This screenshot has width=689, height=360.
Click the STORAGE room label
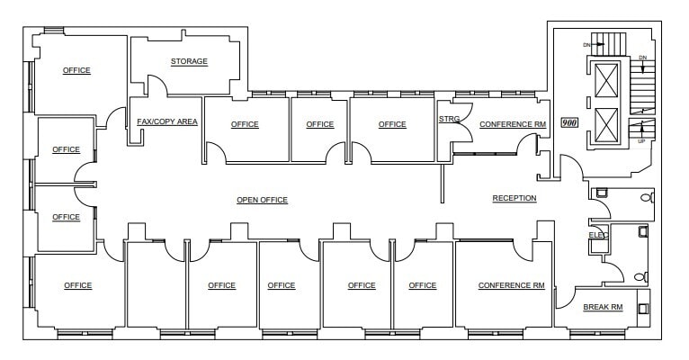(x=189, y=61)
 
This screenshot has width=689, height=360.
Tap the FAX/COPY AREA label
(x=166, y=121)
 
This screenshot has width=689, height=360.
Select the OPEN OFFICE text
(x=262, y=200)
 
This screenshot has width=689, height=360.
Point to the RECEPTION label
(x=515, y=198)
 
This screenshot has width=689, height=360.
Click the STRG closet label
(x=449, y=119)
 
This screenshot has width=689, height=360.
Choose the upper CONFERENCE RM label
(x=513, y=124)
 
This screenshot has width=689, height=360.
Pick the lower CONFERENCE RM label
(x=511, y=285)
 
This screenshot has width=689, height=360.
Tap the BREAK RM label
(x=603, y=307)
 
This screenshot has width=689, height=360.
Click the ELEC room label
(x=598, y=235)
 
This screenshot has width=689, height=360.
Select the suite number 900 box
(x=568, y=123)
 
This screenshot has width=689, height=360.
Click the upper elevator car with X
(x=608, y=80)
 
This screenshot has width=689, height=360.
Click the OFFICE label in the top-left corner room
(x=76, y=70)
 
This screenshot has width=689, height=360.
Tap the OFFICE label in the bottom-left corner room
(x=78, y=285)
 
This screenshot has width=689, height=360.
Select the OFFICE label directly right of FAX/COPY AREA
(x=245, y=124)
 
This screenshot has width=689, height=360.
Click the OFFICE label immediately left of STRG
(x=392, y=124)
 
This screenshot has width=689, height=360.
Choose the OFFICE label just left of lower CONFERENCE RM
(x=422, y=285)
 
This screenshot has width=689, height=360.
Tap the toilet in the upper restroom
(x=644, y=197)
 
